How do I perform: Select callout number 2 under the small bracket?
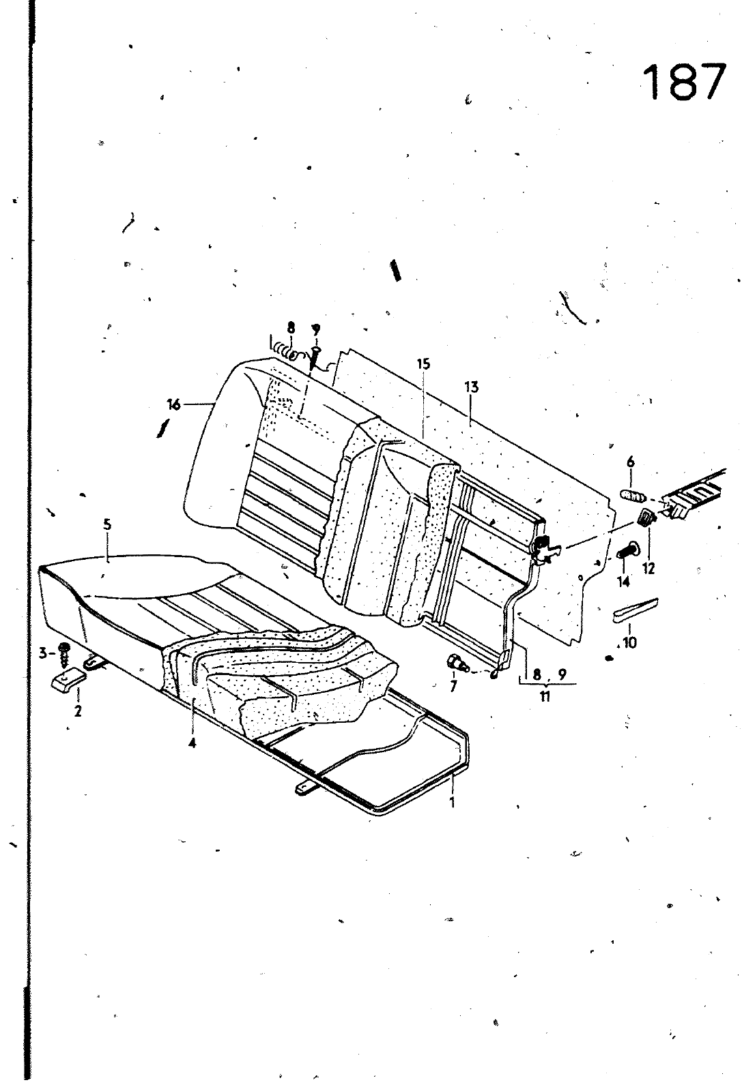[78, 711]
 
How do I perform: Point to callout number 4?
[192, 743]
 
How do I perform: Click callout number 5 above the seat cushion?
[107, 526]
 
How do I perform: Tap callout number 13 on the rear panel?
[471, 387]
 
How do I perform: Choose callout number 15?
[424, 363]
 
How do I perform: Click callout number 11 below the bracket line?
[545, 696]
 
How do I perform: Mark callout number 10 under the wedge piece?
[629, 642]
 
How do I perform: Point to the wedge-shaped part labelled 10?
[635, 609]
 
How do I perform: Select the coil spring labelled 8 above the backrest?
[287, 353]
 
